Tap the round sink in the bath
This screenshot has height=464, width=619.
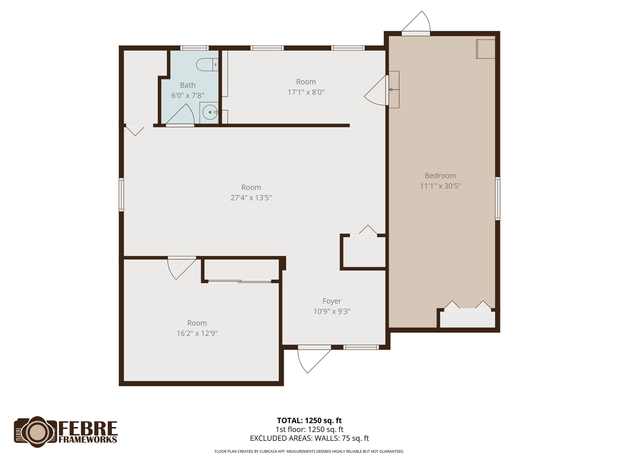click(210, 112)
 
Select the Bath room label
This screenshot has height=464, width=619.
click(188, 85)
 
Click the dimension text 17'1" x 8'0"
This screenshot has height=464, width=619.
click(306, 92)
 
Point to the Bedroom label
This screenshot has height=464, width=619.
click(440, 176)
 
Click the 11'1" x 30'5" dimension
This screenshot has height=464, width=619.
click(440, 186)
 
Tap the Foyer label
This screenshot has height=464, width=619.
click(332, 301)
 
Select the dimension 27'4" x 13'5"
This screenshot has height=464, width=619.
click(251, 198)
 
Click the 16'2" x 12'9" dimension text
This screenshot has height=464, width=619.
click(197, 333)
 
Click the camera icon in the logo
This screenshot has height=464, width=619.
click(36, 432)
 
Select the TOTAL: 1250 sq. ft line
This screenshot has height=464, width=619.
click(309, 420)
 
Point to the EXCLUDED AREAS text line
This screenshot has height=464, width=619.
click(309, 438)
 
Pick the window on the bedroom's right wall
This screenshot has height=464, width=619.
click(497, 198)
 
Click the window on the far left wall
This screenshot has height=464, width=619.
click(121, 195)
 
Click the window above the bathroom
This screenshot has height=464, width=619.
click(194, 48)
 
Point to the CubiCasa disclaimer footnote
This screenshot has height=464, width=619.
click(309, 452)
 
